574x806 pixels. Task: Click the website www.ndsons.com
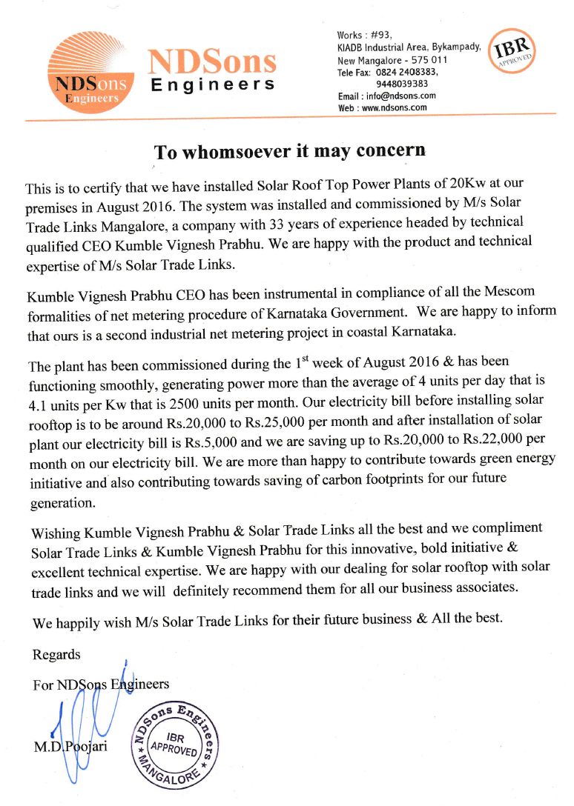(394, 107)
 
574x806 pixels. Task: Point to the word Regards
(57, 656)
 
